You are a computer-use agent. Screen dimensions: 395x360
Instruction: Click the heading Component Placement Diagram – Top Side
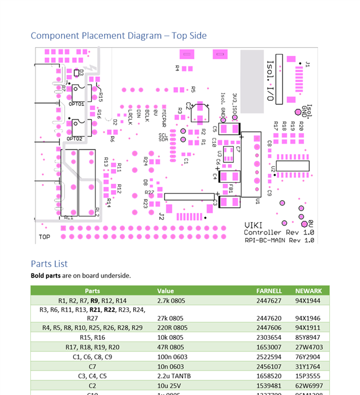pyautogui.click(x=119, y=36)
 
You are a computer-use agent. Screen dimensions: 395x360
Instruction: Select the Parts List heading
pyautogui.click(x=49, y=264)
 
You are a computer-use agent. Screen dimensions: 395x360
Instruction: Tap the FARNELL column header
pyautogui.click(x=269, y=291)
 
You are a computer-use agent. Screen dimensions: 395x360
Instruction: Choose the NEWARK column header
pyautogui.click(x=308, y=291)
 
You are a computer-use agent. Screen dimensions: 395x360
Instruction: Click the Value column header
pyautogui.click(x=165, y=291)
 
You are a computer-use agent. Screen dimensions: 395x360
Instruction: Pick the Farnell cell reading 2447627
pyautogui.click(x=269, y=301)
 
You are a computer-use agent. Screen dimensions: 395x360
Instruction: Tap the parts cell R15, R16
pyautogui.click(x=92, y=337)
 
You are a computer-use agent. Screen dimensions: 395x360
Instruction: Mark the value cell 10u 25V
pyautogui.click(x=168, y=386)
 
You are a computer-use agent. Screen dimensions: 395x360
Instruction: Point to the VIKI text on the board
pyautogui.click(x=253, y=225)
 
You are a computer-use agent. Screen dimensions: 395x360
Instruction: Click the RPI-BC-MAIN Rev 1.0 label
pyautogui.click(x=279, y=240)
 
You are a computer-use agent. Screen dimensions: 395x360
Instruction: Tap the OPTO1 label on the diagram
pyautogui.click(x=76, y=105)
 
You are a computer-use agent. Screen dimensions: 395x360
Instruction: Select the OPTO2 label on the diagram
pyautogui.click(x=74, y=139)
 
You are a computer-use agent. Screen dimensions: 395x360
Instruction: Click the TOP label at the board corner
pyautogui.click(x=44, y=237)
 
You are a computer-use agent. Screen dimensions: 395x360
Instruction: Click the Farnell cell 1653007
pyautogui.click(x=269, y=347)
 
